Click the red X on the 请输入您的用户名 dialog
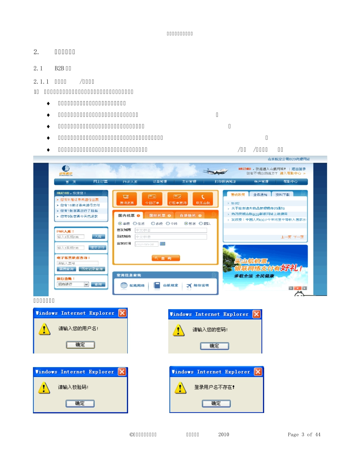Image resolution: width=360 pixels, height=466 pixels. point(122,313)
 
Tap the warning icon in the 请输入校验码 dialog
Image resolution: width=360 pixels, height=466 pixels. point(44,388)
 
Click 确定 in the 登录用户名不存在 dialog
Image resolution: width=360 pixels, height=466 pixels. point(216,403)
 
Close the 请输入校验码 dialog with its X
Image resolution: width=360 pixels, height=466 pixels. point(122,372)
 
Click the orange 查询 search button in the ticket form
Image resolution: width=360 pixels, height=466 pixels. point(166,258)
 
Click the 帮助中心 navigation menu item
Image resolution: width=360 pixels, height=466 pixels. point(290,182)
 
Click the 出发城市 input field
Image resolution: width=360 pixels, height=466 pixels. point(171,230)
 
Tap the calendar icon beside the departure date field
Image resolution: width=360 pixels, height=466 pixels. point(163,244)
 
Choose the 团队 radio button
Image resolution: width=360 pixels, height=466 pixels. point(200,224)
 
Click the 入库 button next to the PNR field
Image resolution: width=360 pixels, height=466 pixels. point(98,236)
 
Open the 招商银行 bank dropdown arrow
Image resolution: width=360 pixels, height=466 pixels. point(86,284)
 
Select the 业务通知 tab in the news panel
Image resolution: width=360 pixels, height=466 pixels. point(260,194)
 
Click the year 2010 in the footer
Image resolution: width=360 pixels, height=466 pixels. point(224,435)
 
